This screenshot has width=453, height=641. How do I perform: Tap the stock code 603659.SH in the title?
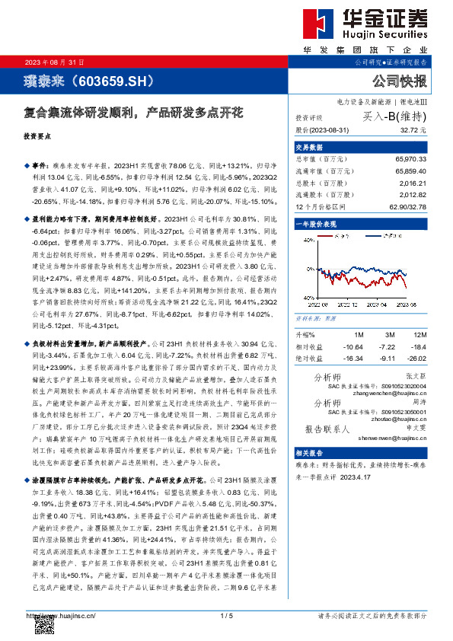click(111, 80)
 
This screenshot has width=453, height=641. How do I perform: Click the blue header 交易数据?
click(309, 148)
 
